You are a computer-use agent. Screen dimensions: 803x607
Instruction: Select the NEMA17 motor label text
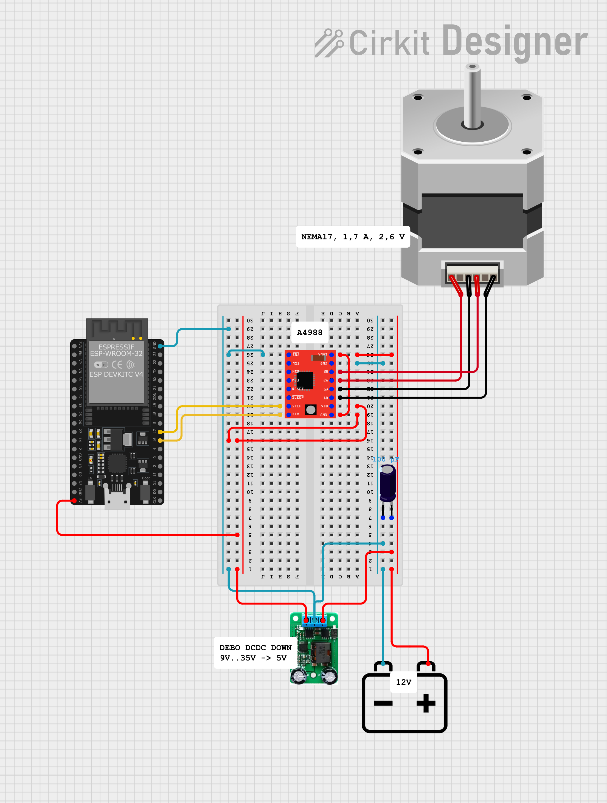(x=353, y=237)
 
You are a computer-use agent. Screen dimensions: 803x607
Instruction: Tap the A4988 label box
(x=310, y=332)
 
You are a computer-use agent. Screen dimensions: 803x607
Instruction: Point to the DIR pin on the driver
(x=289, y=415)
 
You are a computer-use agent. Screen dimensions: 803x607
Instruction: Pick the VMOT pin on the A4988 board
(x=331, y=355)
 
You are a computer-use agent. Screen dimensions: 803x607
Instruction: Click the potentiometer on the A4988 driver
(x=311, y=410)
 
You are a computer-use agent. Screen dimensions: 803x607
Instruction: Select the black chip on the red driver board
(x=305, y=380)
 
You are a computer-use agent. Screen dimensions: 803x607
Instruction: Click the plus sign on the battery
(x=426, y=703)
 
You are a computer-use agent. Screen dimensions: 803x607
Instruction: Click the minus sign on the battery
(x=383, y=703)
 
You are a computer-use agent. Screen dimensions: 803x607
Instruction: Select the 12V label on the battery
(x=403, y=682)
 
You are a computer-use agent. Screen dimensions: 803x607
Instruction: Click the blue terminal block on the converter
(x=314, y=620)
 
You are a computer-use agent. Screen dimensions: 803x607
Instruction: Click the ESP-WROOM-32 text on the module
(x=116, y=354)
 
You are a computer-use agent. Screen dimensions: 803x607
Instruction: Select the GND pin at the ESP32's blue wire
(x=160, y=346)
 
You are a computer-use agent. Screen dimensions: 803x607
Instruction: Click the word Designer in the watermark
(x=515, y=42)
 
